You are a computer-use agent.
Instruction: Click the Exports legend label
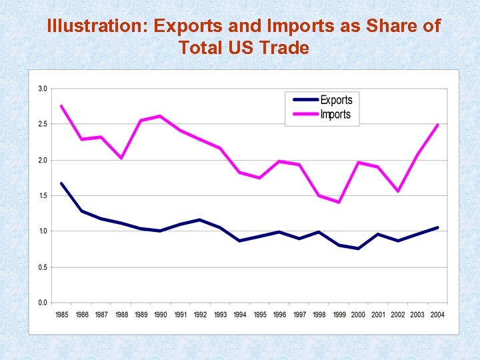336,100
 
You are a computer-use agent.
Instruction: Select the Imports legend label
335,115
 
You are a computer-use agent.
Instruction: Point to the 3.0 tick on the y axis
42,89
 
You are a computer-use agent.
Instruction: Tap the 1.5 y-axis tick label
42,195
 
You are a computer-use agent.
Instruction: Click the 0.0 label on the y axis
42,303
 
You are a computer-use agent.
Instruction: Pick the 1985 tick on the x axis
62,315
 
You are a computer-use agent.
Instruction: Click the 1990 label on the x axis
161,315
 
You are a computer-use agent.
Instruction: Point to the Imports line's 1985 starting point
61,106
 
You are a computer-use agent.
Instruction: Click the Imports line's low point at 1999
339,202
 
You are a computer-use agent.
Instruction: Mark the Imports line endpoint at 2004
437,125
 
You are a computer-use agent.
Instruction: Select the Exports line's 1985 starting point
61,183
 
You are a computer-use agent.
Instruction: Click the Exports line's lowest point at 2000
358,249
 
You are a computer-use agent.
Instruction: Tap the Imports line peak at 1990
160,116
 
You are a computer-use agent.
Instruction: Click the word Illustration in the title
97,26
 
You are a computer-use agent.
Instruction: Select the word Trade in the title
285,47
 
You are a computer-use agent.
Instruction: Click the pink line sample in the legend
303,115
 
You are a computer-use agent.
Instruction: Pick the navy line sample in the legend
303,100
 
